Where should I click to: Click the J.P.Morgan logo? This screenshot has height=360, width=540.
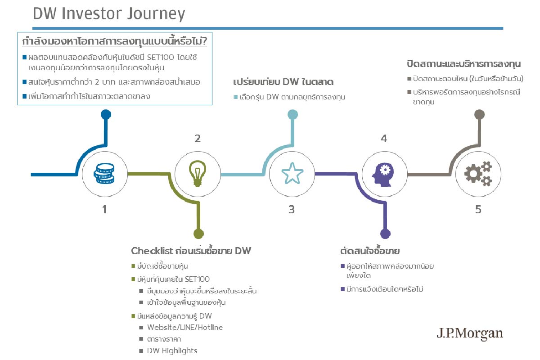pyautogui.click(x=470, y=334)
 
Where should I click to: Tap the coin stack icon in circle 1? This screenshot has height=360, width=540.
pyautogui.click(x=104, y=173)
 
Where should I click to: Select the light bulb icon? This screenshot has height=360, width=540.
pyautogui.click(x=198, y=174)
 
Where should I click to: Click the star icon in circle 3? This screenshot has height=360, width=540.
pyautogui.click(x=292, y=173)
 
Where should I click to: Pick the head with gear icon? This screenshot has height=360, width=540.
pyautogui.click(x=383, y=175)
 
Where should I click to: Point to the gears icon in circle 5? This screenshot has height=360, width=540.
pyautogui.click(x=478, y=174)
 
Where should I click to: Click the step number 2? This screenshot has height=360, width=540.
pyautogui.click(x=198, y=139)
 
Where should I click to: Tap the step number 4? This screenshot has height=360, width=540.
pyautogui.click(x=384, y=139)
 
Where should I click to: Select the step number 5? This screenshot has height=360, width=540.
pyautogui.click(x=478, y=210)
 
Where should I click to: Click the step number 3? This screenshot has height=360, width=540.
pyautogui.click(x=292, y=210)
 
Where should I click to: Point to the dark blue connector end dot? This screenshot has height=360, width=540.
pyautogui.click(x=106, y=115)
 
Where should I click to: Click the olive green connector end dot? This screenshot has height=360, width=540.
pyautogui.click(x=198, y=234)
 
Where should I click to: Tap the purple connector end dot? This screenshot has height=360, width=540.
pyautogui.click(x=385, y=234)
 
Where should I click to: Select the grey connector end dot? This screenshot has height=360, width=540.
pyautogui.click(x=480, y=115)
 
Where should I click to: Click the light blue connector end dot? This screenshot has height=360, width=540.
pyautogui.click(x=292, y=115)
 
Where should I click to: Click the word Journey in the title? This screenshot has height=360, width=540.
pyautogui.click(x=156, y=14)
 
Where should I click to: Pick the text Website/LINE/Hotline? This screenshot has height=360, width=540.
pyautogui.click(x=185, y=328)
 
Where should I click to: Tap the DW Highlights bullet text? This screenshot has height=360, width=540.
pyautogui.click(x=172, y=351)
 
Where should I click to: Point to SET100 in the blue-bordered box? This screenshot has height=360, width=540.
pyautogui.click(x=160, y=58)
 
